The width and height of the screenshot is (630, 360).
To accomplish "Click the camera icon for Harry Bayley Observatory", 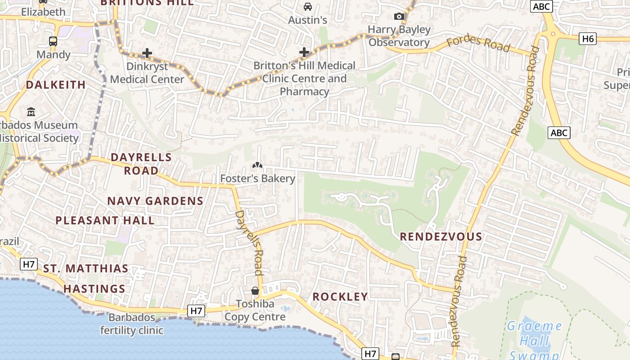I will [x=399, y=17].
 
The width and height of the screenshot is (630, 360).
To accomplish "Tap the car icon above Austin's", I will [x=308, y=7].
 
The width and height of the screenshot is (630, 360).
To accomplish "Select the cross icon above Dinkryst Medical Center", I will [x=147, y=53].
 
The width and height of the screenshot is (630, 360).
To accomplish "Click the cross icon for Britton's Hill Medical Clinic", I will [x=304, y=52].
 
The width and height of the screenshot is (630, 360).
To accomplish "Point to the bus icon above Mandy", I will [x=53, y=41].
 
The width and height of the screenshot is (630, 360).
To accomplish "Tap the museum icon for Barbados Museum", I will [x=31, y=112].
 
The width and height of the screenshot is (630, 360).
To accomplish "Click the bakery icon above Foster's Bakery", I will [x=257, y=165].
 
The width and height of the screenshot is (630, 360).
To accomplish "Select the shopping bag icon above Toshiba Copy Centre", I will [x=255, y=291].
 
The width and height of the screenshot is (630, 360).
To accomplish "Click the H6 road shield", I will [x=588, y=39].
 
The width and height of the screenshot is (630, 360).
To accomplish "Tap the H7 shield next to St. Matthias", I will [x=28, y=264].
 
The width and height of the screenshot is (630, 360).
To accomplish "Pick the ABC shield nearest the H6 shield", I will [x=541, y=6].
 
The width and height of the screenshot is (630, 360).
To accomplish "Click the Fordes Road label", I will [x=478, y=44].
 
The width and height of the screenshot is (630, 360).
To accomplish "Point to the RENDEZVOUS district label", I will [x=441, y=237].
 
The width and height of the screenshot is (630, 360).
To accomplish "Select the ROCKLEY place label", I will [x=340, y=297].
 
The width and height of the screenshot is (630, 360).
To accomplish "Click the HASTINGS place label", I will [x=94, y=289].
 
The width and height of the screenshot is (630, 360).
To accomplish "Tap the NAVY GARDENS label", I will [x=155, y=201].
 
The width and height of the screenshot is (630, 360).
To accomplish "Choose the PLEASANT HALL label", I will [x=105, y=220].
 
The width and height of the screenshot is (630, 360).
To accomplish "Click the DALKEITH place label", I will [x=56, y=85].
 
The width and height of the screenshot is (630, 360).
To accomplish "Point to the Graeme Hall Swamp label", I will [x=535, y=340].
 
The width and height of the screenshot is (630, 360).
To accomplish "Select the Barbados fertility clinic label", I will [x=131, y=324].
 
